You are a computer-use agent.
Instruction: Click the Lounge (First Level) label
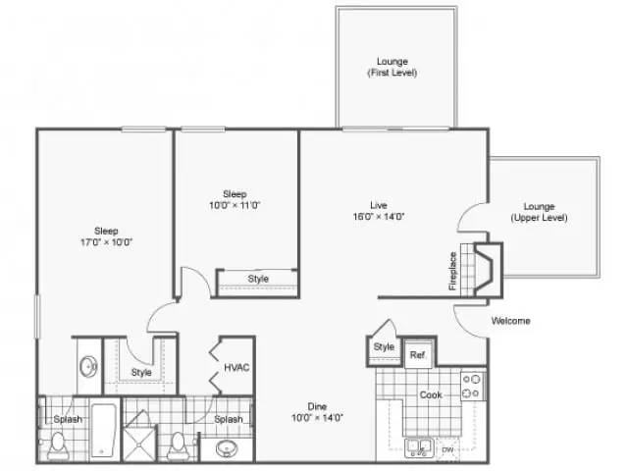coord(392,67)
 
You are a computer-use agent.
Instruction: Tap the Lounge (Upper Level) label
coord(539,212)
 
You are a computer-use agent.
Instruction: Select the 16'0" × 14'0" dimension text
coord(379,217)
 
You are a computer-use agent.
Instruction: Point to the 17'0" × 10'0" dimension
coord(106,242)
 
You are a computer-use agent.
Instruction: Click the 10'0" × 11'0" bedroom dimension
coord(235,205)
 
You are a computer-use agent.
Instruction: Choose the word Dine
coord(317,406)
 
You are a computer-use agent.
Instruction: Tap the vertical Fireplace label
coord(452,271)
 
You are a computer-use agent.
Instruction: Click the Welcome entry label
coord(510,321)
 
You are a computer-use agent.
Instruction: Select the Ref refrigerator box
coord(418,354)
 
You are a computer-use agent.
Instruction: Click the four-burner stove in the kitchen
coord(472,387)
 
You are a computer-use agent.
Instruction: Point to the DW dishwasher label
coord(447,450)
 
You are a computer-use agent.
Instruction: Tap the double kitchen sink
coord(419,447)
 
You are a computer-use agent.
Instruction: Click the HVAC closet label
coord(236,367)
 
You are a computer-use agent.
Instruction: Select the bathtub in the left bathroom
coord(104,430)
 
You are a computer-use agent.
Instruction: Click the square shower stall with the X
coord(139,444)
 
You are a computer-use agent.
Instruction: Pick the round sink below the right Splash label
coord(227,448)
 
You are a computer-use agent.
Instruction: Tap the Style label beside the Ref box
coord(384,346)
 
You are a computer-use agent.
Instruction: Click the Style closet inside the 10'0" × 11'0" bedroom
coord(257,283)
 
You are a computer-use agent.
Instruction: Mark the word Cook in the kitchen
coord(431,394)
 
